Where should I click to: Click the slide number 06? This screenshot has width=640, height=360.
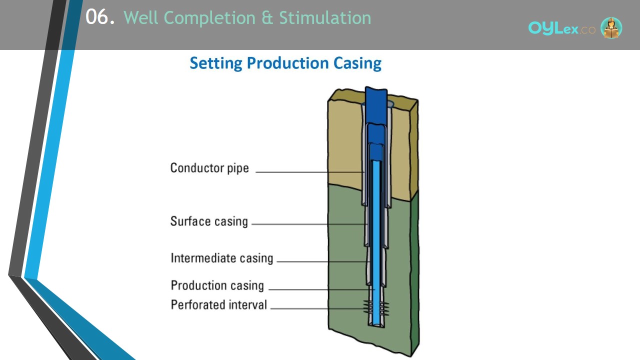click(100, 17)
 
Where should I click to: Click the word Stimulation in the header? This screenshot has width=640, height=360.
click(325, 17)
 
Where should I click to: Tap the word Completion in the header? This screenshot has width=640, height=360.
click(209, 18)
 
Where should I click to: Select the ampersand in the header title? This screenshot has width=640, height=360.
click(267, 17)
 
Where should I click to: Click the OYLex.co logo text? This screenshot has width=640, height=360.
click(561, 28)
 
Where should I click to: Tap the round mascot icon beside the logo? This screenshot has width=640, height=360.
click(611, 27)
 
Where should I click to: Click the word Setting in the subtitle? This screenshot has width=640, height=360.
click(216, 63)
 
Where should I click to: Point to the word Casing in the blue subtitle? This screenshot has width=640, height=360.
click(357, 63)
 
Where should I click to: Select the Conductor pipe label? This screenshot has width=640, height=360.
click(209, 168)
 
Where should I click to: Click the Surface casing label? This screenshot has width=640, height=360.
click(209, 221)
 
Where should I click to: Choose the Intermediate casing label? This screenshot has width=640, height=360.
click(221, 258)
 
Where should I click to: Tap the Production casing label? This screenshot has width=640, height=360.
click(217, 285)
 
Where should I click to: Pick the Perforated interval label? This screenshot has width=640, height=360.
click(219, 304)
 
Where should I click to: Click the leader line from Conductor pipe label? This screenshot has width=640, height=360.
click(309, 172)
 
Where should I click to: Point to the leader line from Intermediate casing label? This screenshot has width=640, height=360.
click(323, 261)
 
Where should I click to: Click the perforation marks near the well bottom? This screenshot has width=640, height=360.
click(376, 308)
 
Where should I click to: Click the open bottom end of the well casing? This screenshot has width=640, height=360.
click(376, 325)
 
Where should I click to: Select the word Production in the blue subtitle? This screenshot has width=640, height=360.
click(287, 63)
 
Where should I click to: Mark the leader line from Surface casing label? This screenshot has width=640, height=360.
click(309, 224)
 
